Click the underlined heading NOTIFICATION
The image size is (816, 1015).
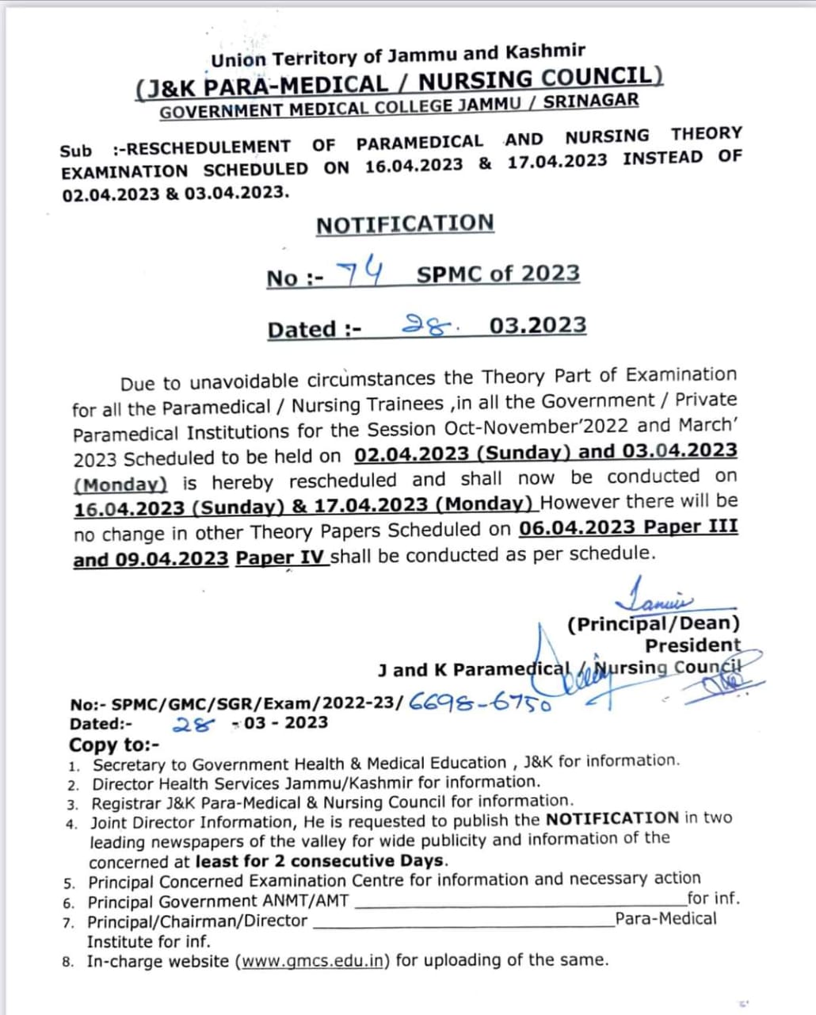(x=405, y=224)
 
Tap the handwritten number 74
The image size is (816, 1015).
(x=360, y=274)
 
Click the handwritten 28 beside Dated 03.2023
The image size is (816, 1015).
(x=427, y=324)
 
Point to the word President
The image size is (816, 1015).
(x=693, y=645)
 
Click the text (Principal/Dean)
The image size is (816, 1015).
(x=654, y=624)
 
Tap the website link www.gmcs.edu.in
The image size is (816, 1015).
(x=315, y=960)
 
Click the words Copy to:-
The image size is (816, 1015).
(x=114, y=745)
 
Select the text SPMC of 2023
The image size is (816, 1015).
(x=498, y=274)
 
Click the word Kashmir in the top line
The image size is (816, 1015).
(x=545, y=53)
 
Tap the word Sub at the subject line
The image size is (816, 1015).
(x=75, y=151)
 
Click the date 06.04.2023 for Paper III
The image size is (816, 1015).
(x=578, y=528)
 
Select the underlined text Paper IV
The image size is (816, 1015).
(x=280, y=557)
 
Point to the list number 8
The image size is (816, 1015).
(x=69, y=963)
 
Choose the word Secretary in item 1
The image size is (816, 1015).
(x=129, y=765)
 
